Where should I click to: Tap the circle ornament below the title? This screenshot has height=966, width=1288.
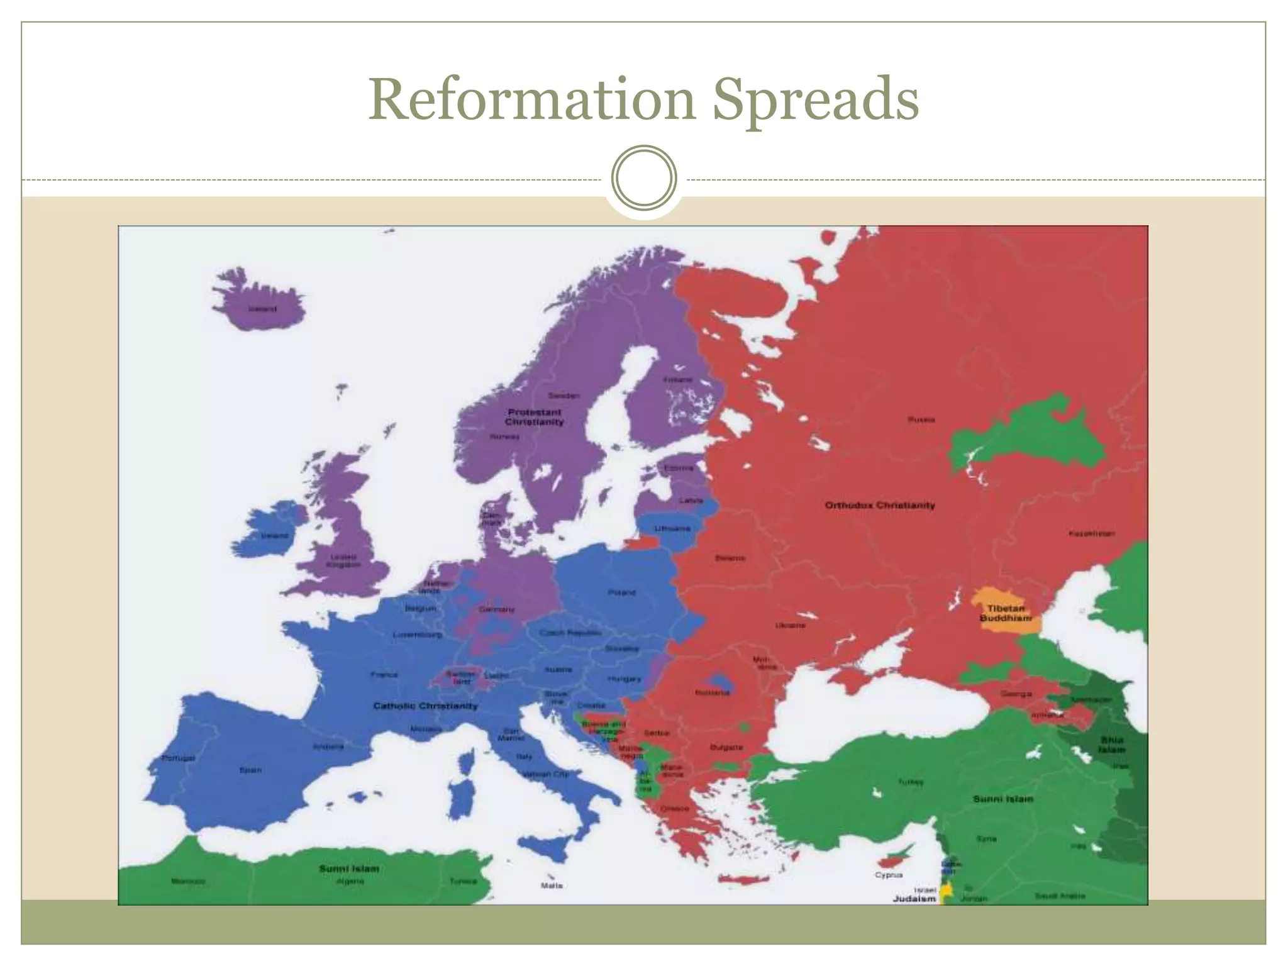point(644,177)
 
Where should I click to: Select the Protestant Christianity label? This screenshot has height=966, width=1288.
point(534,417)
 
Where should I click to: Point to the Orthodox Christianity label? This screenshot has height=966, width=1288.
point(879,505)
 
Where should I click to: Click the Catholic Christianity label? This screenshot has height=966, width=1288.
point(426,706)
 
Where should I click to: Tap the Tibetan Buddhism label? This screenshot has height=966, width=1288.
point(1006,613)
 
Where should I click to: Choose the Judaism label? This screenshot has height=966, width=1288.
point(914,899)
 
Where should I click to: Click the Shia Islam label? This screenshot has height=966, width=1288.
point(1112,745)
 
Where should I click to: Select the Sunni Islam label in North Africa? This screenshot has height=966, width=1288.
point(349,869)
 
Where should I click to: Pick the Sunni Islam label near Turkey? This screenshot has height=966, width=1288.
point(1003,799)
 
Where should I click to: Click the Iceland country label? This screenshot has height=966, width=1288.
point(262,309)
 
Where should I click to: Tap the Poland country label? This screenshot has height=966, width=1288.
point(621,592)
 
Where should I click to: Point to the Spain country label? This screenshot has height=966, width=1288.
point(250,770)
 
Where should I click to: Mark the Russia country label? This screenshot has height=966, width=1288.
point(921,419)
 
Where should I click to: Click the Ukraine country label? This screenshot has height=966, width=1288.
point(790,625)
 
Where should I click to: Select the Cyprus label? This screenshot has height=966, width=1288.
point(889,875)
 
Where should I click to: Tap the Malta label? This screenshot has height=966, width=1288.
point(552,885)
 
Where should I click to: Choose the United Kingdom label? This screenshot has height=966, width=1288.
point(343,560)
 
